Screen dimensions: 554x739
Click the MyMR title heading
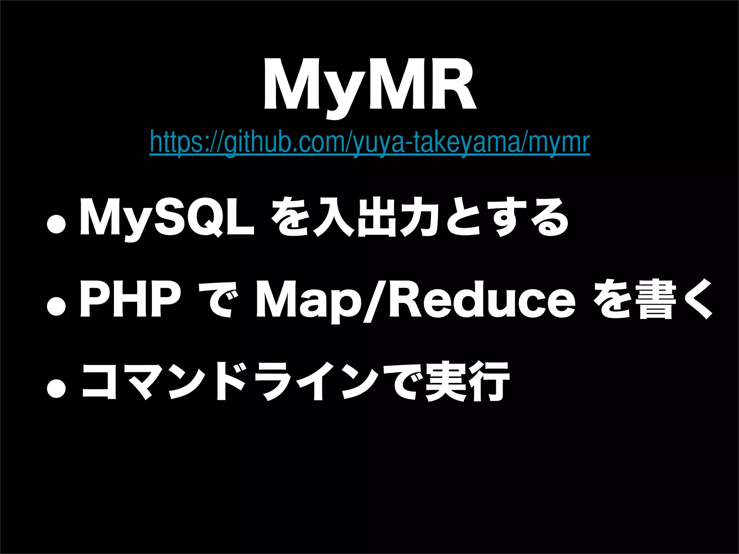[369, 88]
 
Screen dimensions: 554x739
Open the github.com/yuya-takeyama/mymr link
[369, 143]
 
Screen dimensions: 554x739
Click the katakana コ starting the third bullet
[99, 382]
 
